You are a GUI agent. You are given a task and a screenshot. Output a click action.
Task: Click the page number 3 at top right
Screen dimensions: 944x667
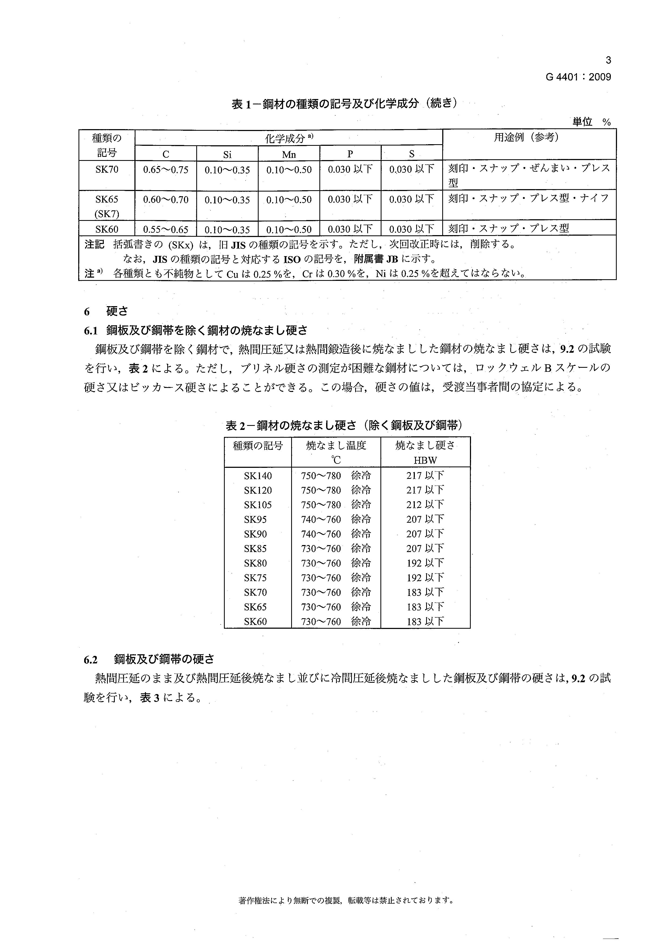tap(608, 61)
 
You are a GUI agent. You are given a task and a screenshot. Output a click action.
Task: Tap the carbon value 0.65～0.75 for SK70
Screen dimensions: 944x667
tap(166, 169)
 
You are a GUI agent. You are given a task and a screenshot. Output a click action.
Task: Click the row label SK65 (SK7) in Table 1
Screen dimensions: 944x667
tap(107, 206)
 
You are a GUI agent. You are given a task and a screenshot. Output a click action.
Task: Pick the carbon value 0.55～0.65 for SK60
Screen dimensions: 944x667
tap(166, 229)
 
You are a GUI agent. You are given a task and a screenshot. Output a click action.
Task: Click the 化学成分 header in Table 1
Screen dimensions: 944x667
tap(289, 139)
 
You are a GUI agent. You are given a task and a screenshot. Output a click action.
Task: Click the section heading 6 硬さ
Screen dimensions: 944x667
tap(106, 311)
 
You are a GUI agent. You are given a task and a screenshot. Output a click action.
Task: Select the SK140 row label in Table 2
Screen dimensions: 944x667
tap(258, 476)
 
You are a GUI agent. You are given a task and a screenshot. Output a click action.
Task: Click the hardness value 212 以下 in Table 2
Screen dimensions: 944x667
tap(425, 504)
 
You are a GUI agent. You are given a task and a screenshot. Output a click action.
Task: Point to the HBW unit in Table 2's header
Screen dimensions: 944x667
tap(425, 460)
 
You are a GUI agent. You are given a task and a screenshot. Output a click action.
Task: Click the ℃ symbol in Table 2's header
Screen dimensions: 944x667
tap(336, 460)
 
